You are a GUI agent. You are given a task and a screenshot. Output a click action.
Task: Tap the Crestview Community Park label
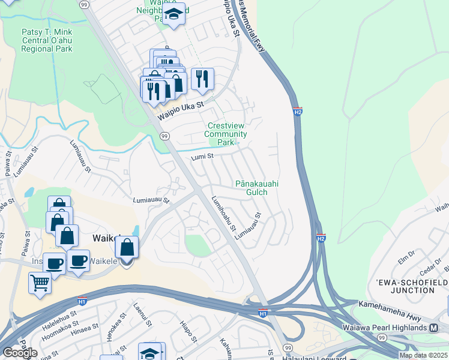226,134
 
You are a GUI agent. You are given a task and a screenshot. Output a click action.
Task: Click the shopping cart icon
40,282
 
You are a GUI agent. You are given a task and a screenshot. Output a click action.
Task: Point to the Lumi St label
199,157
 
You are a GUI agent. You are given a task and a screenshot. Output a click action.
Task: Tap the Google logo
20,353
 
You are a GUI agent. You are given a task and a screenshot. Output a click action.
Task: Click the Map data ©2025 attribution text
423,355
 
